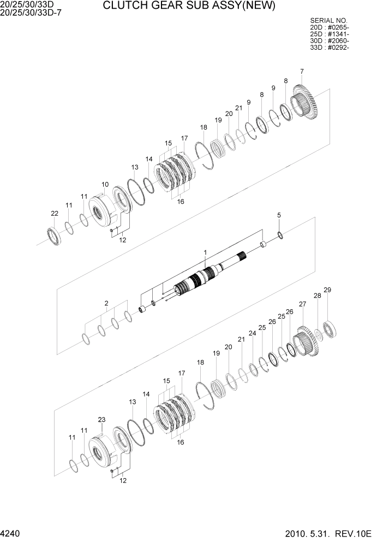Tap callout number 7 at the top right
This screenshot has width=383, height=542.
302,72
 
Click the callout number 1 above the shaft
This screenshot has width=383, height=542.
205,252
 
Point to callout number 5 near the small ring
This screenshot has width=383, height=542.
279,216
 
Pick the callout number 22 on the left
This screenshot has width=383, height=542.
55,213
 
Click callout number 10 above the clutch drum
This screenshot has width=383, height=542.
105,185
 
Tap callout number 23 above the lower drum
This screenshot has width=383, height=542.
101,420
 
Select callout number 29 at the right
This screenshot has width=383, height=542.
327,290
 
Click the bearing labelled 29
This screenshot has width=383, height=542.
330,329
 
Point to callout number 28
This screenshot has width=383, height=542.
317,296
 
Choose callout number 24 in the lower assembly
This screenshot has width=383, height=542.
252,333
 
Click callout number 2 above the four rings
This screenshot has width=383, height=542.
106,303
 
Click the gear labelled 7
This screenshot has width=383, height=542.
307,104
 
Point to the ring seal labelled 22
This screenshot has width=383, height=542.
54,235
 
